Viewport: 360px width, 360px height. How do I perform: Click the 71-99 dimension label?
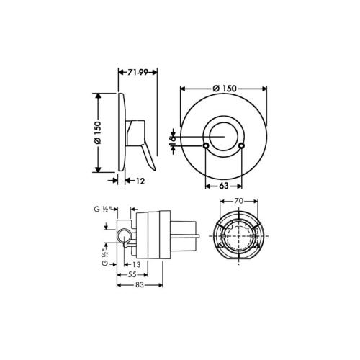pos(138,72)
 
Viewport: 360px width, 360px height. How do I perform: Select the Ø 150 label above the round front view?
pos(225,89)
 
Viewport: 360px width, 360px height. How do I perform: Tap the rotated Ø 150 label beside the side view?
pos(98,132)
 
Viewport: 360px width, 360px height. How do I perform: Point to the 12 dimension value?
pos(140,181)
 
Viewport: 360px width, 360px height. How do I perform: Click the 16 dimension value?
pos(172,140)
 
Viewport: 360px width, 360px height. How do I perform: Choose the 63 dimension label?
pos(223,186)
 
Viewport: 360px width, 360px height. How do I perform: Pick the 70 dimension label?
pos(239,201)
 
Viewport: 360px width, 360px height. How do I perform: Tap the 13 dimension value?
pos(136,264)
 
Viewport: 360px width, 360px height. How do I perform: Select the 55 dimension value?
pos(132,274)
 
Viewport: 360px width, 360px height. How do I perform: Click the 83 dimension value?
pos(140,285)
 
